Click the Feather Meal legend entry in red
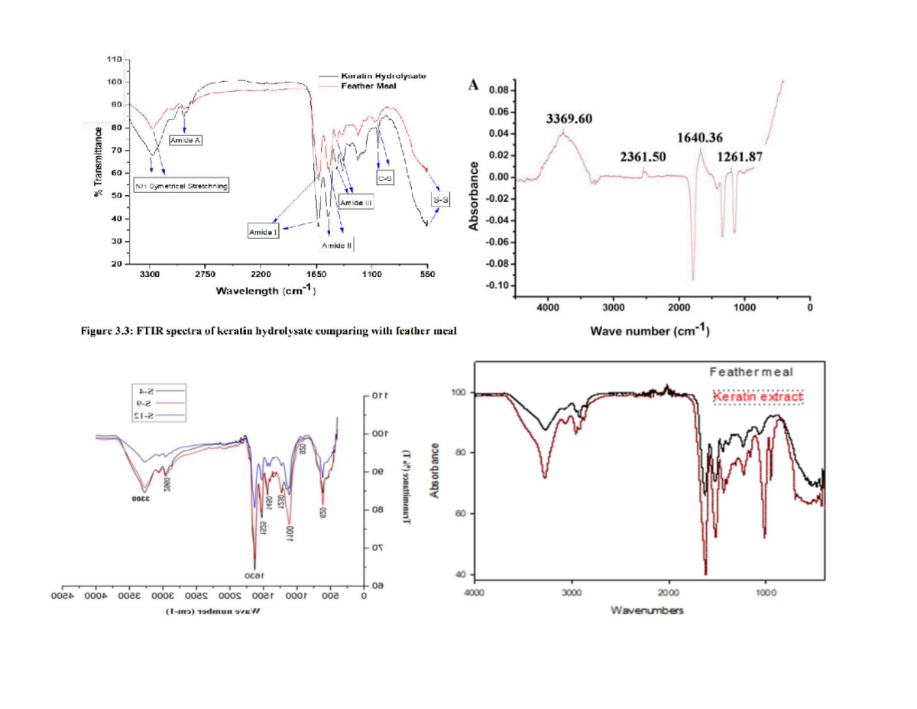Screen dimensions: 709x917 [x=367, y=85]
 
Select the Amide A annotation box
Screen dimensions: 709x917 [x=184, y=140]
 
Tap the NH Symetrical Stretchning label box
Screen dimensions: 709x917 [x=182, y=186]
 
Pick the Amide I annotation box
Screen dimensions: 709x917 [x=261, y=231]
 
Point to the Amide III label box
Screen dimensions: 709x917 [x=355, y=203]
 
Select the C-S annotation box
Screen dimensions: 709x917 [x=386, y=177]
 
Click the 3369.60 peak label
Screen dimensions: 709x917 [x=569, y=119]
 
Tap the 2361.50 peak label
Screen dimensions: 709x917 [x=643, y=157]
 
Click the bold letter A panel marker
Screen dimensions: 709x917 [x=475, y=85]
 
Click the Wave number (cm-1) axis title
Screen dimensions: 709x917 [x=650, y=332]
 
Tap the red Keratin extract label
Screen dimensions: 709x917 [x=757, y=398]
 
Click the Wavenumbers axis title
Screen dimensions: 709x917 [x=646, y=610]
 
